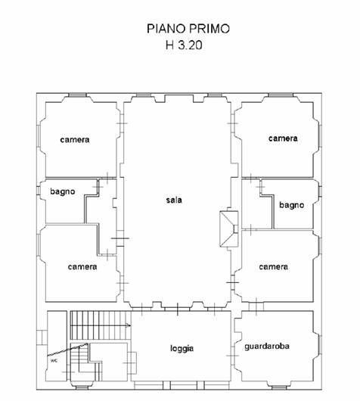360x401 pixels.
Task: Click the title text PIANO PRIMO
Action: (x=188, y=29)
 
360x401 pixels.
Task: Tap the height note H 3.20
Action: (x=184, y=45)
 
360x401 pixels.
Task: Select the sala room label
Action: (x=174, y=200)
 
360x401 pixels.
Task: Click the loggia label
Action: (x=182, y=349)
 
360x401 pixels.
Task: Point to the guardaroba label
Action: (x=267, y=347)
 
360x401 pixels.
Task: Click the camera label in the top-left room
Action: (x=75, y=140)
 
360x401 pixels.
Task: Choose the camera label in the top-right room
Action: (x=283, y=138)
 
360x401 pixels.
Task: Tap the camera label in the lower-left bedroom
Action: (x=82, y=267)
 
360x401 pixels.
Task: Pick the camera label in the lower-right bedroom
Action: (x=273, y=267)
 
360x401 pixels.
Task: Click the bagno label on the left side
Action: (x=63, y=191)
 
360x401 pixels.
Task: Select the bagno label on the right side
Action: (x=291, y=205)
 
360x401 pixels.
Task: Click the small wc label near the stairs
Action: (x=54, y=361)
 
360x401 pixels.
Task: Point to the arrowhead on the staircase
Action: (x=129, y=325)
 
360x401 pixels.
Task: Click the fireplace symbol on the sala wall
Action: (x=229, y=229)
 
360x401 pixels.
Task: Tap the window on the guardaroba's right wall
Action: (x=320, y=345)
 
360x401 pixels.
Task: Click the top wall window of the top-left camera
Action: (x=77, y=95)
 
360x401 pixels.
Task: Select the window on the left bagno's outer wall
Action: (x=39, y=191)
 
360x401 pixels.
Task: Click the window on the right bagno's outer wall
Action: (x=320, y=191)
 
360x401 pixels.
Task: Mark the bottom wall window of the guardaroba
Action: (x=279, y=388)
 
